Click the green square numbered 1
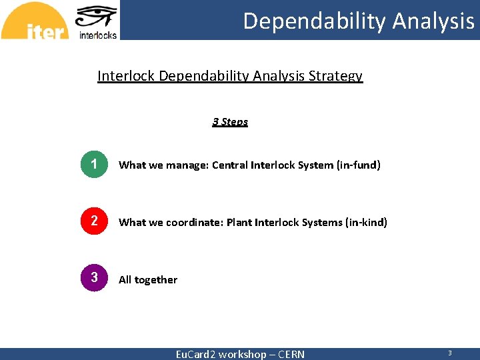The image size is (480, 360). tap(94, 165)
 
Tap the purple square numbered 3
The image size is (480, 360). tap(94, 277)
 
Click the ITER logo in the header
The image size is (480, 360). tap(35, 21)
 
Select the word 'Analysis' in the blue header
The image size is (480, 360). tap(433, 21)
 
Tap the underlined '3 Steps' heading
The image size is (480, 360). tap(230, 121)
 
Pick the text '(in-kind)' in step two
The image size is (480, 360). tap(365, 222)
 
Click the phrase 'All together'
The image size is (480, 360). tap(148, 280)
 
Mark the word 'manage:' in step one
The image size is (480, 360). tap(190, 165)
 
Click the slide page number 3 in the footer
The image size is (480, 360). tap(449, 353)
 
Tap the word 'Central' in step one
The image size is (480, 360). tap(230, 165)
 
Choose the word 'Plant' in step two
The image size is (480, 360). tap(241, 222)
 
